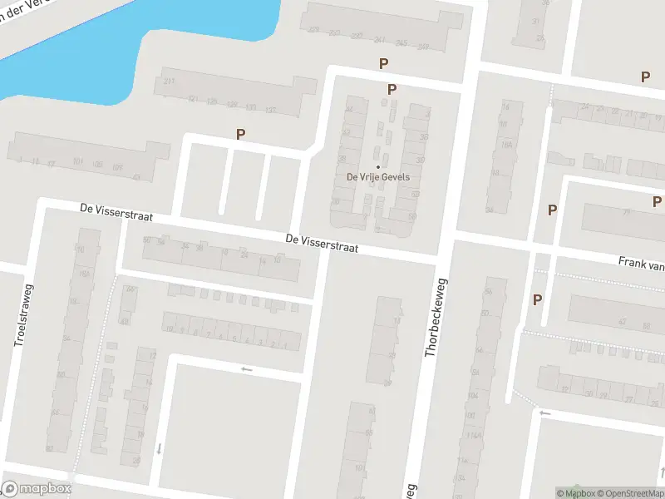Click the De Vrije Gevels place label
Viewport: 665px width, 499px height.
[x=378, y=177]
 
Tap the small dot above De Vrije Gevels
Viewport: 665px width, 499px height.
[x=378, y=166]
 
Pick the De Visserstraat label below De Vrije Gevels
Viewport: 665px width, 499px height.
[x=322, y=243]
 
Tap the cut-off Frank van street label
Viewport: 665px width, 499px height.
[x=641, y=263]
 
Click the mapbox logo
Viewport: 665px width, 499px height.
[x=37, y=489]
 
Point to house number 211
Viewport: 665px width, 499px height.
[x=169, y=81]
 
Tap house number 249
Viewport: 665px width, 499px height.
[x=423, y=45]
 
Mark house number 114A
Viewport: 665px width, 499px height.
[x=475, y=435]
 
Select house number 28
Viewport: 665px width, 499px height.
[x=136, y=461]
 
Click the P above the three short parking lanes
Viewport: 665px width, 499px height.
[x=241, y=134]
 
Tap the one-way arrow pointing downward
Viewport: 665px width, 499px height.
[x=159, y=448]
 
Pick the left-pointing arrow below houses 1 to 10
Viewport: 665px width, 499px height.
[x=245, y=369]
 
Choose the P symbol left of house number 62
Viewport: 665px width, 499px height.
[x=537, y=300]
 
